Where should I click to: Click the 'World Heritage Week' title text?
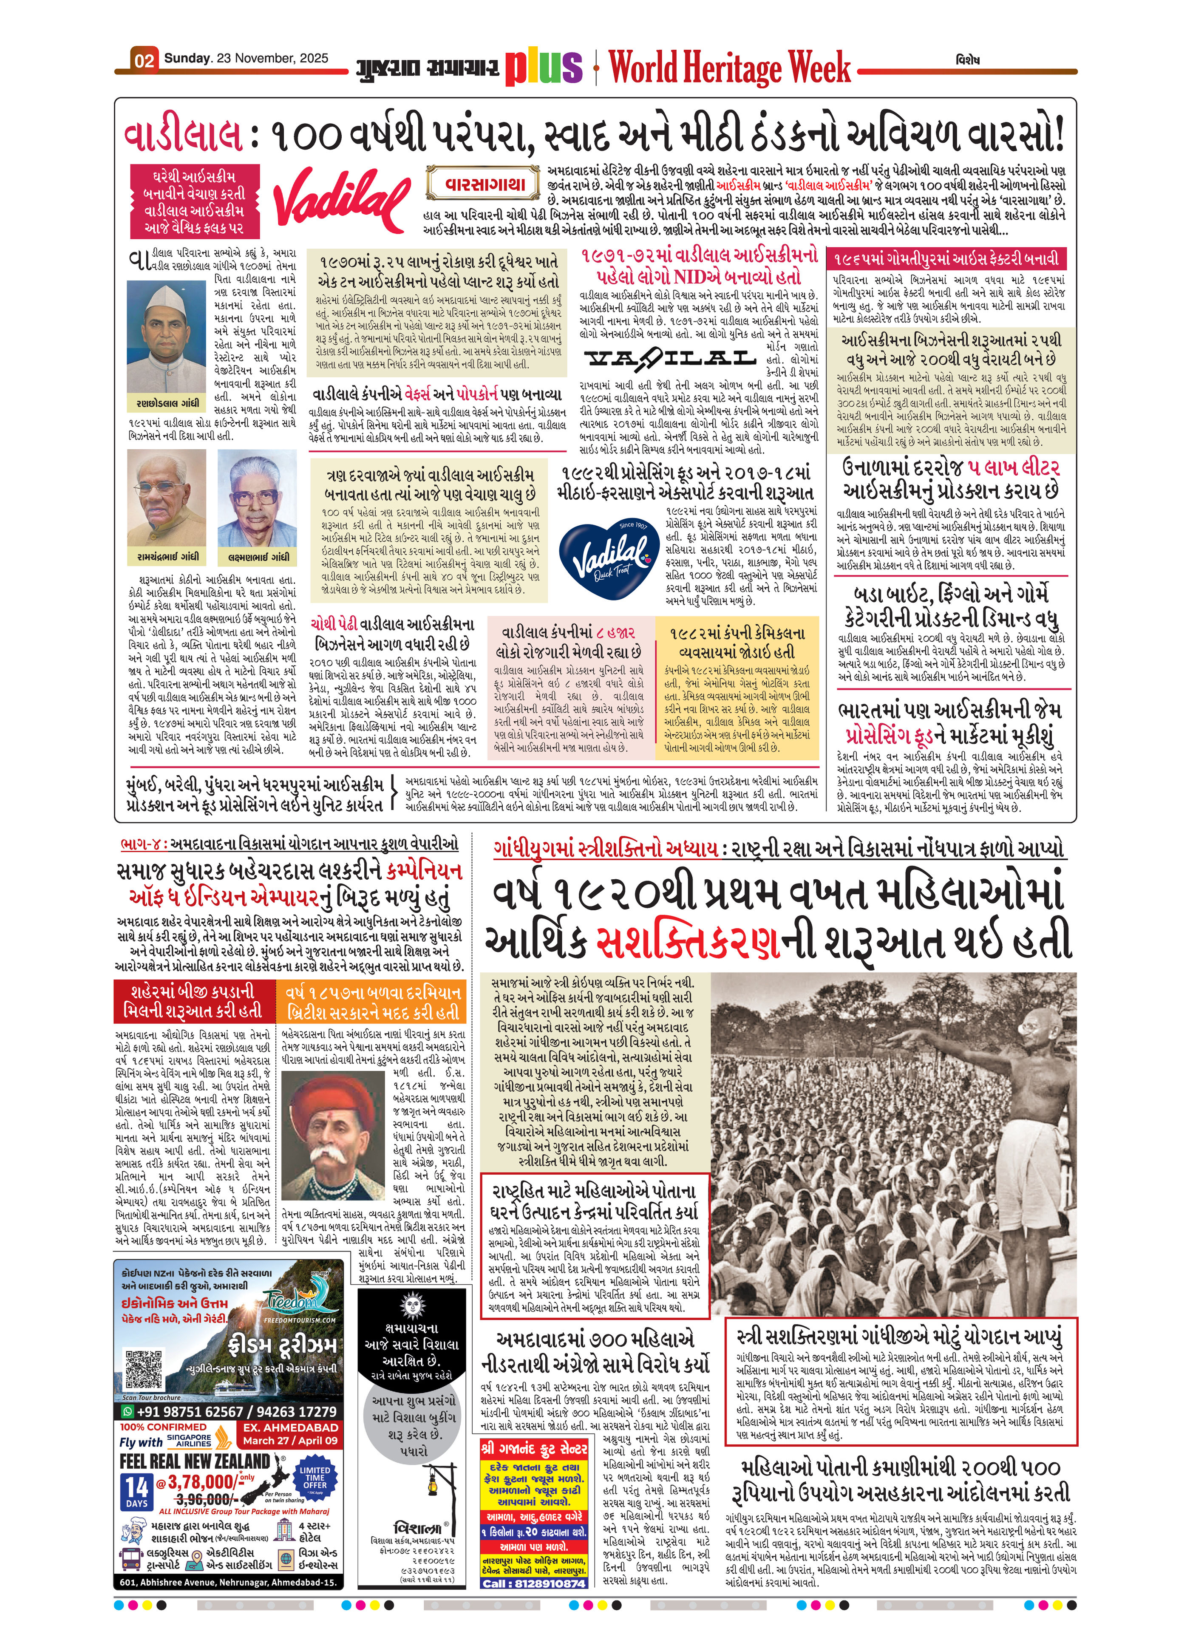pos(729,67)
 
